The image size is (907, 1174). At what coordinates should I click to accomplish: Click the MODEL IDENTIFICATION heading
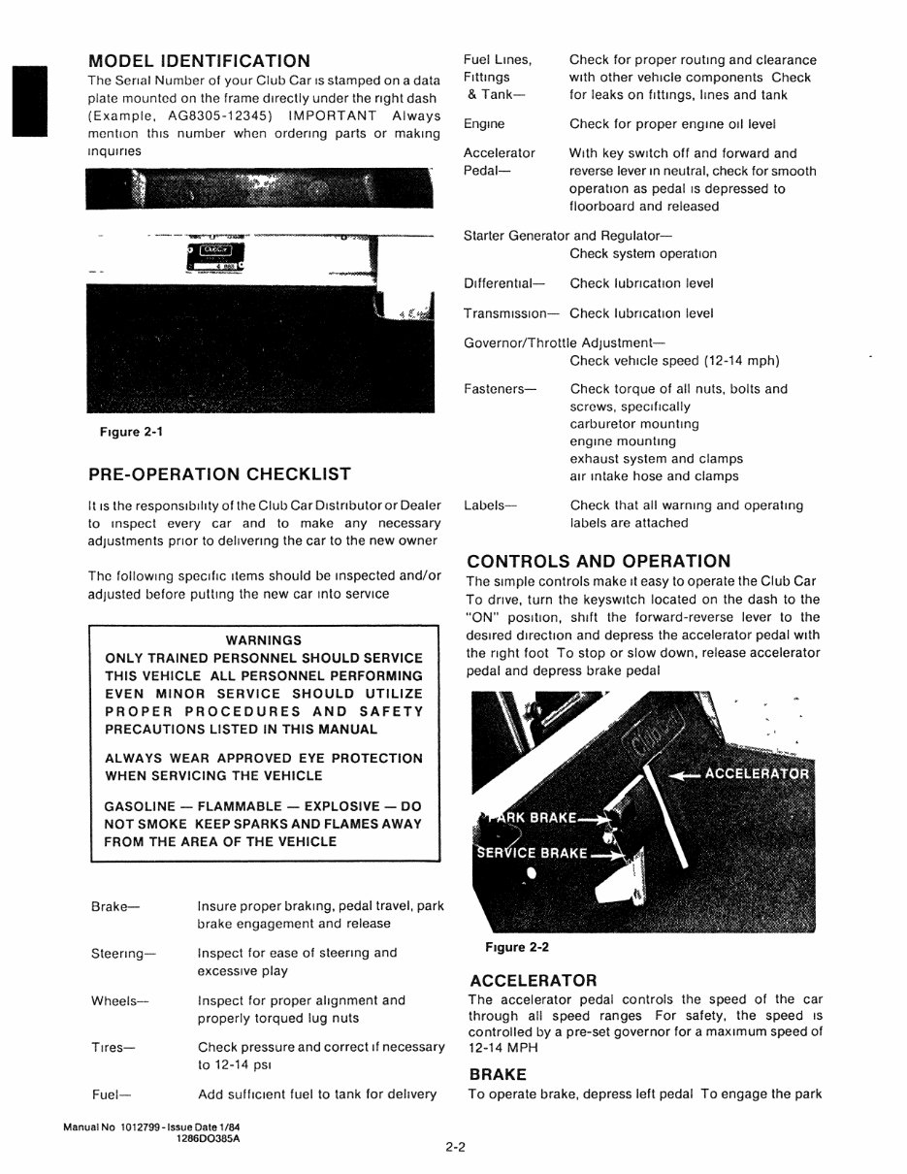199,60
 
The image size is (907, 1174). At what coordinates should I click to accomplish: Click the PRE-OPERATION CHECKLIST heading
219,474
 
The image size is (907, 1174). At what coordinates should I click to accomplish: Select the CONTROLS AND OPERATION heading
599,561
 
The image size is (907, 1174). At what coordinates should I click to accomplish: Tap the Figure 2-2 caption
510,947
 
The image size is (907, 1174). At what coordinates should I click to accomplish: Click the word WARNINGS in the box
263,640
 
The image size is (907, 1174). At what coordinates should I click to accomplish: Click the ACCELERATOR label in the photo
757,773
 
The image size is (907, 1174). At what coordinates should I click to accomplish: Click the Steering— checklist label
123,954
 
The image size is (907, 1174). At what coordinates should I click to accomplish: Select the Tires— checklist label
113,1048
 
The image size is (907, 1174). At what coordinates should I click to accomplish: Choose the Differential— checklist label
504,283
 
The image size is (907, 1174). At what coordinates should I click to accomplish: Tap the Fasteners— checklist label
500,389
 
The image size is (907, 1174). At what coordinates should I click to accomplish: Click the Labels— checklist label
491,505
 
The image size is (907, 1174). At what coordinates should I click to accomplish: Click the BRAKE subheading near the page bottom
498,1074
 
